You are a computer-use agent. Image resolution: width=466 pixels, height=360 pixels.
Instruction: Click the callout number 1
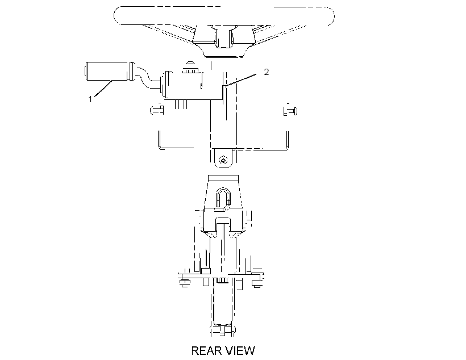pyautogui.click(x=90, y=99)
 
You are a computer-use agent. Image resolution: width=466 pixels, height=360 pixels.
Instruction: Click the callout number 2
pyautogui.click(x=267, y=72)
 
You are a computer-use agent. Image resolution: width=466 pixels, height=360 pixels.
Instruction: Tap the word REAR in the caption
pyautogui.click(x=206, y=350)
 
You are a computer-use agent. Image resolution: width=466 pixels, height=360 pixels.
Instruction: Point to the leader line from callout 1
pyautogui.click(x=103, y=89)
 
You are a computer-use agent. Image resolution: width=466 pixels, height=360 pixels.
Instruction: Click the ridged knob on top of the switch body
pyautogui.click(x=190, y=70)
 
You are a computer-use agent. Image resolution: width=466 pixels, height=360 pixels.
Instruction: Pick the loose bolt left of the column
pyautogui.click(x=157, y=110)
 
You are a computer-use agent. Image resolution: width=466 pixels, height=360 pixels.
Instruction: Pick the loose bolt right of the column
pyautogui.click(x=290, y=111)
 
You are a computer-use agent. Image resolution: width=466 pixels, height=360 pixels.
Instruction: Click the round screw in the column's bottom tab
pyautogui.click(x=223, y=161)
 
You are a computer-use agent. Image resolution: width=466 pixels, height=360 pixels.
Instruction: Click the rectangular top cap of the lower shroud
pyautogui.click(x=223, y=178)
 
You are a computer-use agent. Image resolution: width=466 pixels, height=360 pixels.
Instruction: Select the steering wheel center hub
pyautogui.click(x=223, y=37)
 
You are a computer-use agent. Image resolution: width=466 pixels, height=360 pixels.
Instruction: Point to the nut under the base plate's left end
pyautogui.click(x=184, y=284)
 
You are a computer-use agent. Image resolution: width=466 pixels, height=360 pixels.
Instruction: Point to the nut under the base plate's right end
pyautogui.click(x=256, y=284)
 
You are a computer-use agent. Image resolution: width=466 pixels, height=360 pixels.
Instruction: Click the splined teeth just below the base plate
pyautogui.click(x=222, y=280)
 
